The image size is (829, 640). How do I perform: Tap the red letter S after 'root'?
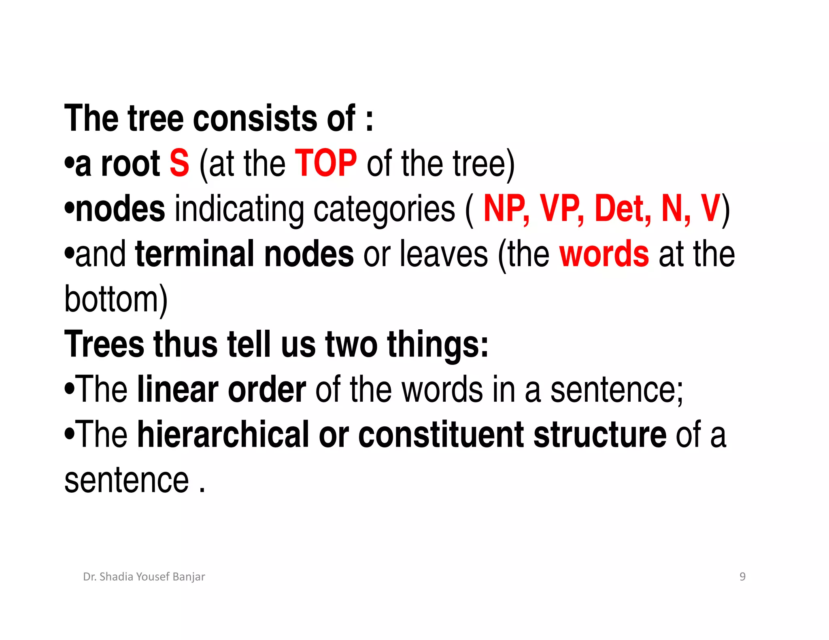[179, 163]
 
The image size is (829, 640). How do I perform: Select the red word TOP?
[326, 163]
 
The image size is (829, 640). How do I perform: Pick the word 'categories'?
[384, 210]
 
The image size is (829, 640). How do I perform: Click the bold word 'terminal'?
[194, 254]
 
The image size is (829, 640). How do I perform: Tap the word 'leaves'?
[444, 254]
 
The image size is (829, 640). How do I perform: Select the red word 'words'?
[604, 254]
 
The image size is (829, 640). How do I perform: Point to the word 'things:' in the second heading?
[438, 345]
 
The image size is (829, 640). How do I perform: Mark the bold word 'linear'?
[178, 390]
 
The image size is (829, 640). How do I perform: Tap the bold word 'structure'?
[599, 435]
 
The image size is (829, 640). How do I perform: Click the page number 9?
[742, 576]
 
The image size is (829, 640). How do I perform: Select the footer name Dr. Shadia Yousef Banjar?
[144, 576]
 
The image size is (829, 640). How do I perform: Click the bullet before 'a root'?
[69, 163]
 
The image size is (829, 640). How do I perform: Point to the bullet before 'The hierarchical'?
[69, 435]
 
